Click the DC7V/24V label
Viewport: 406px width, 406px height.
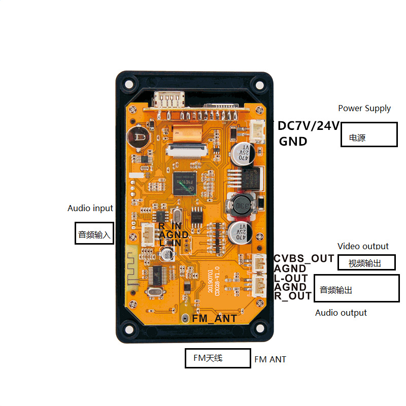click(308, 126)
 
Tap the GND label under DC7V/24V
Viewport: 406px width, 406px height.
click(293, 142)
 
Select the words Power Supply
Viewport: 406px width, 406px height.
click(364, 108)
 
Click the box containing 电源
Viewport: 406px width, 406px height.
click(368, 134)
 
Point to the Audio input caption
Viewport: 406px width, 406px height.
click(90, 208)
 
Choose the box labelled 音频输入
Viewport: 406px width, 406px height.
click(93, 233)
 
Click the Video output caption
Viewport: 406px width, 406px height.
click(363, 246)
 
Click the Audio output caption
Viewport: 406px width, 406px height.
click(341, 313)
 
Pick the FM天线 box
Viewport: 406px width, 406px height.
click(218, 358)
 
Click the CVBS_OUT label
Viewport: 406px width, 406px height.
click(304, 258)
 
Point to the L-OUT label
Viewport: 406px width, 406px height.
click(291, 278)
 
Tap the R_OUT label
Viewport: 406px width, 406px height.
click(293, 296)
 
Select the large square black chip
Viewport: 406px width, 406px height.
click(184, 184)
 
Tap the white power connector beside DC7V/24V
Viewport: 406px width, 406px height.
click(256, 132)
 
